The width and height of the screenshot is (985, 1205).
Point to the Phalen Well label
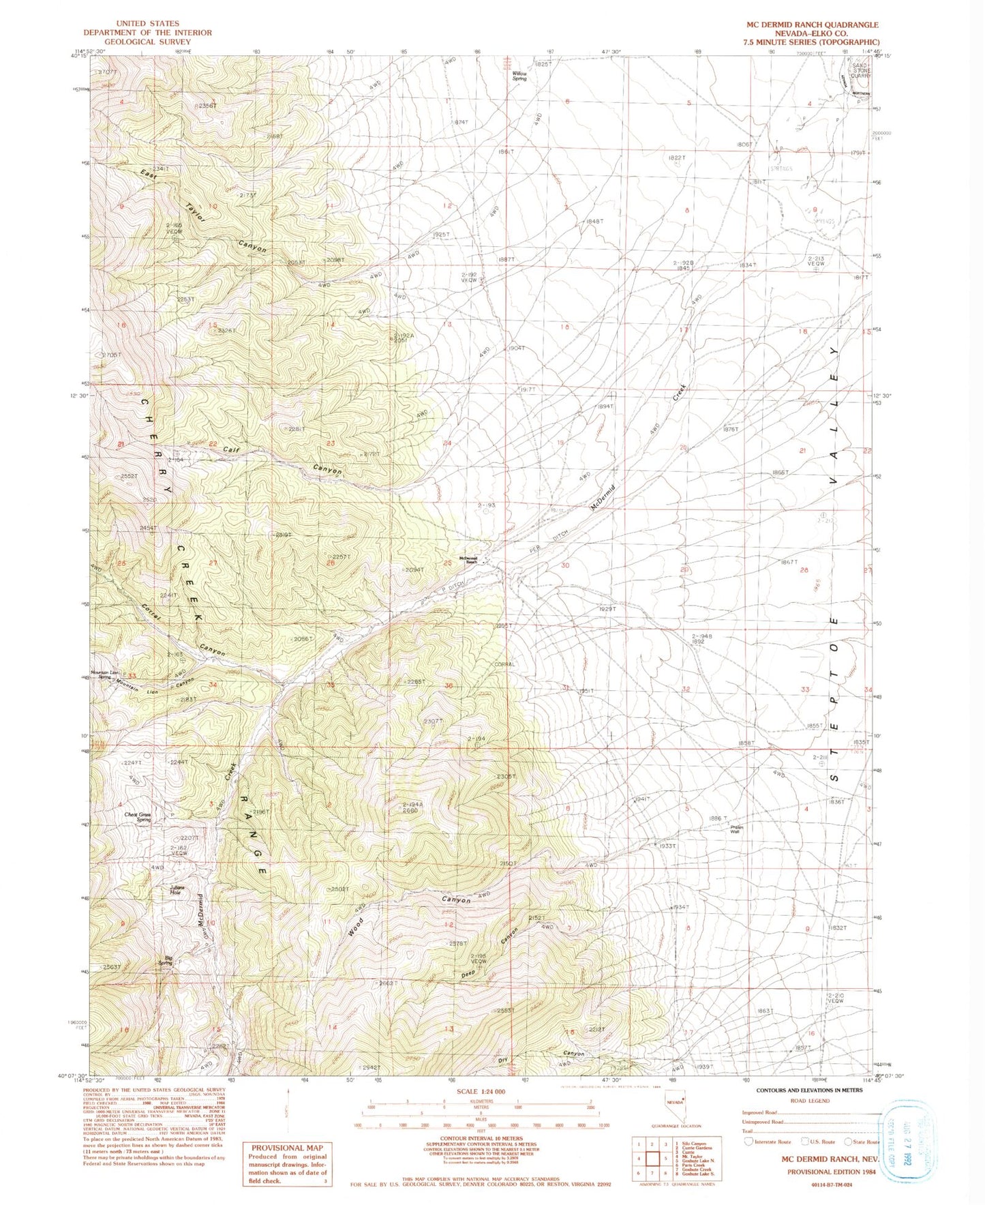(736, 829)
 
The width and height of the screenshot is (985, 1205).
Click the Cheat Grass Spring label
(138, 816)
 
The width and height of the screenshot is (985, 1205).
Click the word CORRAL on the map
(504, 664)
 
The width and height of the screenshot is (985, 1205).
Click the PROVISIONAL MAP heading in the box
(286, 1148)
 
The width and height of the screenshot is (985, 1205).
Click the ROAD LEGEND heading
(810, 1101)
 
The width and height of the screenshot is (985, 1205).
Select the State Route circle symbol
(848, 1142)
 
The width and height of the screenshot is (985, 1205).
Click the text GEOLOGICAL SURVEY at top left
(147, 42)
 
